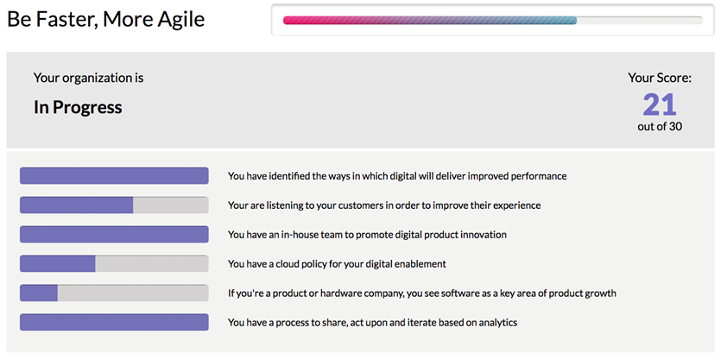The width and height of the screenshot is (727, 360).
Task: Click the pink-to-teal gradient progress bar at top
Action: [x=430, y=21]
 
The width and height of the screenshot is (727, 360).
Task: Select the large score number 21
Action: [x=660, y=104]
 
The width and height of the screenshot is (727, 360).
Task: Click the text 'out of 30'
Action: [x=660, y=127]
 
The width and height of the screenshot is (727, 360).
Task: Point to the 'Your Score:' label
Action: [x=660, y=78]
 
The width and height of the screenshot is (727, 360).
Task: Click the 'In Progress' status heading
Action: [x=78, y=108]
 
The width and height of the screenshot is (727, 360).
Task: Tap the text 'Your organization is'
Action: [x=89, y=78]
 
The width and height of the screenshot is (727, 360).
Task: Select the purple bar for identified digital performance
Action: [x=114, y=175]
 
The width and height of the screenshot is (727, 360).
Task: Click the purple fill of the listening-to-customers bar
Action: [x=77, y=205]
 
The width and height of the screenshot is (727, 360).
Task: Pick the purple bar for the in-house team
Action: [x=114, y=235]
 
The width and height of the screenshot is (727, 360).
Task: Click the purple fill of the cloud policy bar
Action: [x=58, y=263]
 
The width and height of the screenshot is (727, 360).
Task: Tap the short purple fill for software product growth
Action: [x=39, y=293]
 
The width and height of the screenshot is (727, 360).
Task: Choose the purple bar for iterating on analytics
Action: [x=114, y=322]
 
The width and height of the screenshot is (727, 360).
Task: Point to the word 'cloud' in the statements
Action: [x=289, y=263]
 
